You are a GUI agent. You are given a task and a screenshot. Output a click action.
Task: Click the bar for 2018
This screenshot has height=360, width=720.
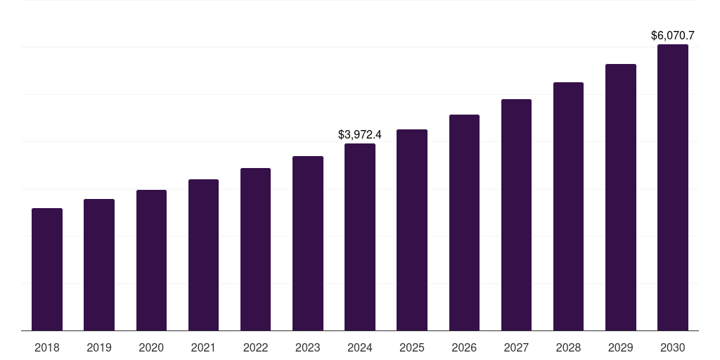[47, 269]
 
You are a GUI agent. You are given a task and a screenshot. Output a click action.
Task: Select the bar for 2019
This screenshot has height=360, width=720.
[99, 264]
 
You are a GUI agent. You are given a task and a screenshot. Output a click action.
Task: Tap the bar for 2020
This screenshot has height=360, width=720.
[151, 260]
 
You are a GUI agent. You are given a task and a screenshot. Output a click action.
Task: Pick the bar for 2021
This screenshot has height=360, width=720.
[203, 255]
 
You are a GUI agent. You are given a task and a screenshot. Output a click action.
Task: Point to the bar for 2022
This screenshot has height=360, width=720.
[255, 249]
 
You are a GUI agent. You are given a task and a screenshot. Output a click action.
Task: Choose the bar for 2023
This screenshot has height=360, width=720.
[308, 243]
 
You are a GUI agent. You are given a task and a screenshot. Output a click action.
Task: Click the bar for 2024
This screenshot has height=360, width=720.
[360, 237]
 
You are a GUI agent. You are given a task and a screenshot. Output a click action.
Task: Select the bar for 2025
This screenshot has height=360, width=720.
[412, 230]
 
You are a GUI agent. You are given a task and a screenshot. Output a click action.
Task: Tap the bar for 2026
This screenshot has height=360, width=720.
[464, 222]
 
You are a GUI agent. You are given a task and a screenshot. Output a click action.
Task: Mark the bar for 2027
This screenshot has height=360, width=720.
[516, 214]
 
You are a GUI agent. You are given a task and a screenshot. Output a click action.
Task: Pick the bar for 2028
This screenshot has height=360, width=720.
[568, 206]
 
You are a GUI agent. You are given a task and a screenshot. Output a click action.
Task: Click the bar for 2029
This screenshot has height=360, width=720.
[621, 197]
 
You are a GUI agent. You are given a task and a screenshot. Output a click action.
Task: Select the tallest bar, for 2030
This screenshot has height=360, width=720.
[673, 187]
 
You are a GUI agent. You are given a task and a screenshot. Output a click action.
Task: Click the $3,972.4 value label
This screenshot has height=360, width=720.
[360, 134]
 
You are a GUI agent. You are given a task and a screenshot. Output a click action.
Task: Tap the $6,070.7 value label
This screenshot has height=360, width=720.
[673, 34]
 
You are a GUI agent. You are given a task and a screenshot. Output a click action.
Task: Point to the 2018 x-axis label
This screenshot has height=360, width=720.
[47, 347]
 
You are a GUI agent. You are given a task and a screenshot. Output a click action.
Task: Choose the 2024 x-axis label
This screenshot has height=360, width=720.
[360, 347]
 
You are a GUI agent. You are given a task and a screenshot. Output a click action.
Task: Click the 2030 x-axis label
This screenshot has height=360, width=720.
[673, 347]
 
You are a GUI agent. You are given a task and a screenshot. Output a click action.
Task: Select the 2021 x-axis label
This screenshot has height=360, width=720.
[203, 347]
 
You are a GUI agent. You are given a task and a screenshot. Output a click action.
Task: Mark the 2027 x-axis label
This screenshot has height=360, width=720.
[516, 347]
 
